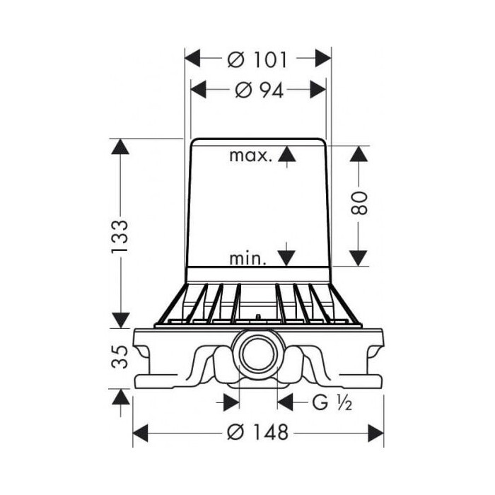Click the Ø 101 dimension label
pos(257,59)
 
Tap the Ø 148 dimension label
pos(257,432)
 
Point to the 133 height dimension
pos(120,235)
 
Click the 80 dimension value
pos(359,203)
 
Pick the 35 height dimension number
pos(120,356)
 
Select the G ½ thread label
pos(332,402)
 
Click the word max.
pos(250,156)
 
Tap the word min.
pos(248,258)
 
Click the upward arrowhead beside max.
pos(287,154)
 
